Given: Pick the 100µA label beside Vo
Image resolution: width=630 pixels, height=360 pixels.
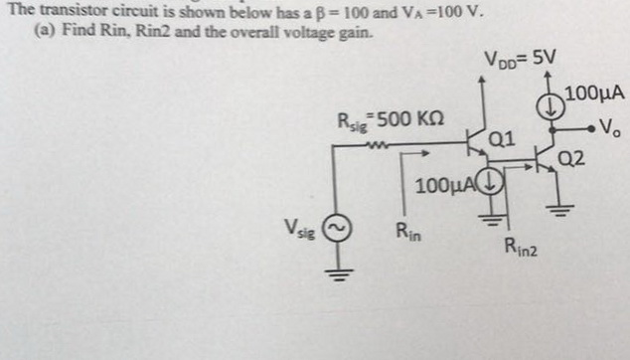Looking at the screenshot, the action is click(x=593, y=94).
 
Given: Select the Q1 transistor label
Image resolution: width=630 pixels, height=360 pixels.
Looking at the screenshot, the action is click(x=502, y=139).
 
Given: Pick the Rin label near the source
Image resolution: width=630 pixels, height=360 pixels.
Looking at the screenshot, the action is click(x=407, y=235).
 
